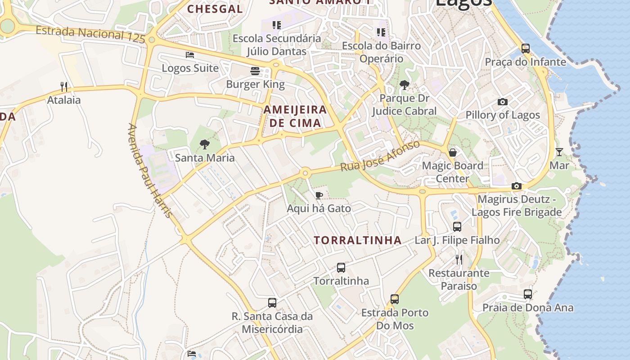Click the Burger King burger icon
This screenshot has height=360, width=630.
pos(255,71)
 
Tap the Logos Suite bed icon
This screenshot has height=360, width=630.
pos(190,55)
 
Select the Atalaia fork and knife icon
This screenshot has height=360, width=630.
pos(64,86)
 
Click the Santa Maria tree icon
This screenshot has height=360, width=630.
pos(205,144)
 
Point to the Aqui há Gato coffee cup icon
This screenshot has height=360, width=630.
pos(319,195)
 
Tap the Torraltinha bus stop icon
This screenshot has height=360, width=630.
pos(341,267)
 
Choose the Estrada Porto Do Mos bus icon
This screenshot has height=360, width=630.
pos(395,299)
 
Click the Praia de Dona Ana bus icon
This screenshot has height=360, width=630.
pos(528,294)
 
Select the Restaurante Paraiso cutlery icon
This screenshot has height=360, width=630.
pos(459,259)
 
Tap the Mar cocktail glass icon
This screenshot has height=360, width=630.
pos(559,152)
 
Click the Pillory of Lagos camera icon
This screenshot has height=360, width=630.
pos(503,102)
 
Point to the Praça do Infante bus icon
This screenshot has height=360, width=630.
pos(525,48)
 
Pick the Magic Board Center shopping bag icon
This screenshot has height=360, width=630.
pos(453,152)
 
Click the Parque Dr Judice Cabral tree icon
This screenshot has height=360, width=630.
pos(404,85)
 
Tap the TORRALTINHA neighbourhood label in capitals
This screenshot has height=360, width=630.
pos(358,240)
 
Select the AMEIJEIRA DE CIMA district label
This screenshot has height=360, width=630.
pos(295,116)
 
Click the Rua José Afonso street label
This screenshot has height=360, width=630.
pos(380,156)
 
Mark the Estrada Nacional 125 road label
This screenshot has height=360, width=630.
pos(90,34)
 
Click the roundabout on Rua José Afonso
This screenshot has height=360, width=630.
pos(306,172)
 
